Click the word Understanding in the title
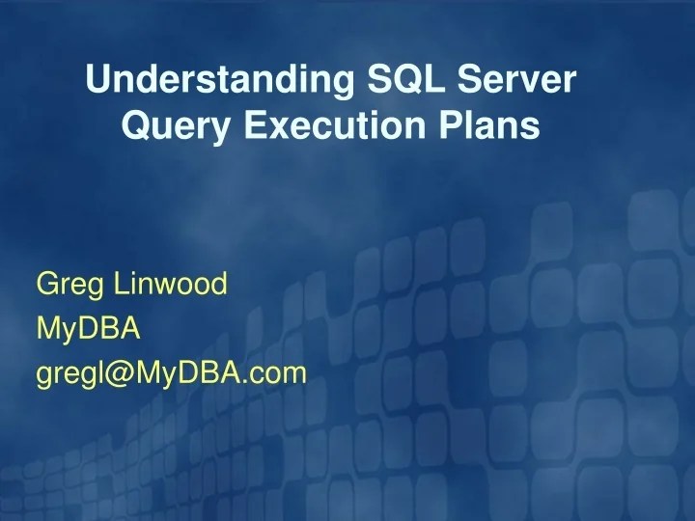[213, 80]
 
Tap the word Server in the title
[525, 79]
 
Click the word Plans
[489, 124]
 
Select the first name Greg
[70, 286]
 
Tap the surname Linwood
[170, 284]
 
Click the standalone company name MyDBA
[88, 329]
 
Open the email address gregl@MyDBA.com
[171, 373]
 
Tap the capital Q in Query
[135, 124]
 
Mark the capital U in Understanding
[97, 79]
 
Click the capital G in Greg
[46, 284]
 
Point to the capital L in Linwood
[120, 284]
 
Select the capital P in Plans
[454, 124]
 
